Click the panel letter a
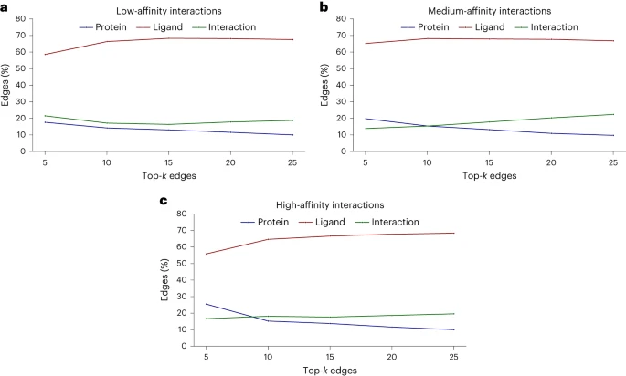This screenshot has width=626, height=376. (5, 6)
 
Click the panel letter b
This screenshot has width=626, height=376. (324, 6)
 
